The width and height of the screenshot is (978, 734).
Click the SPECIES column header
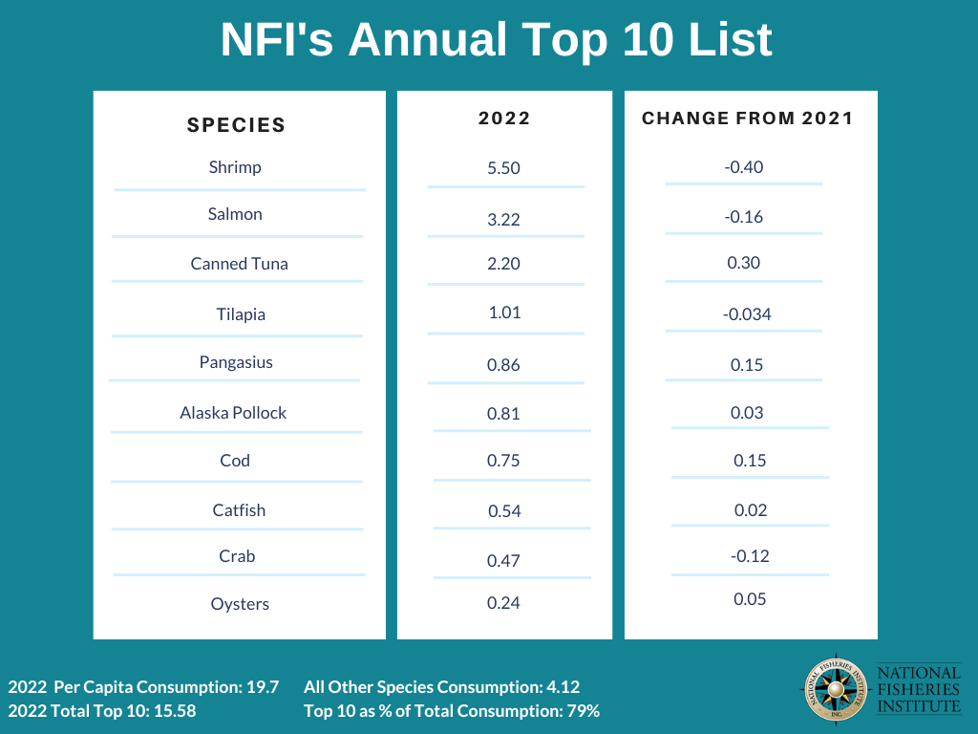coord(236,124)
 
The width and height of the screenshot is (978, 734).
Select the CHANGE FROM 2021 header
coord(747,119)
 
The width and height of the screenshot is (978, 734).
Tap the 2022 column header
coord(503,119)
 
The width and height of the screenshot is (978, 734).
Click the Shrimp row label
coord(235,167)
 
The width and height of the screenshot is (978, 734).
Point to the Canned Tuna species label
coord(239,264)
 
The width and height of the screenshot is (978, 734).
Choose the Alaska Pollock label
coord(233,413)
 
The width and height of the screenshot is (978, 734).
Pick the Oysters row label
coord(240,604)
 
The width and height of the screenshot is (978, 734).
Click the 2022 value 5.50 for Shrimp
coord(503,168)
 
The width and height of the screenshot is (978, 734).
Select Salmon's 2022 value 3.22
coord(503,220)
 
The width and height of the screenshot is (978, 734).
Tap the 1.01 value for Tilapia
coord(503,313)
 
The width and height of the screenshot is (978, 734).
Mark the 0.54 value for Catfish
coord(503,511)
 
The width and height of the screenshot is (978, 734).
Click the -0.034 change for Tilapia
coord(747,314)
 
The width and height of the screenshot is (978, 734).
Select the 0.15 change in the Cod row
coord(750,461)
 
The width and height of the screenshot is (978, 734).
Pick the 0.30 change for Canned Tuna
coord(743,263)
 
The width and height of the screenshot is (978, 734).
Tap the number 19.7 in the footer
coord(262,687)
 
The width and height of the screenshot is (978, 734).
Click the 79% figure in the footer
coord(584,711)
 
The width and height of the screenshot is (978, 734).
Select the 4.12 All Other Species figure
coord(563,687)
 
